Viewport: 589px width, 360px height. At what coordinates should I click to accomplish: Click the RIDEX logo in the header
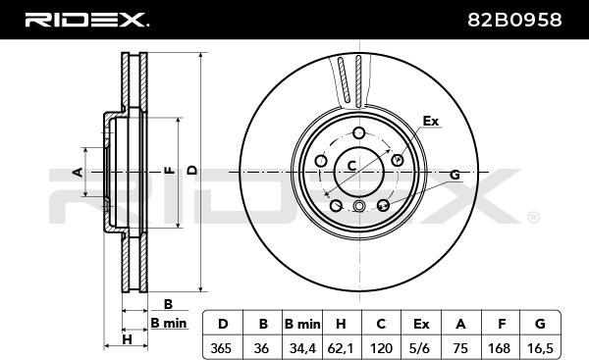(x=87, y=20)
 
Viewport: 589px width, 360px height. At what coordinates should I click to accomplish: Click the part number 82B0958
(x=514, y=20)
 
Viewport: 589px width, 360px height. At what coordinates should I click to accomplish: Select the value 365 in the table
(x=221, y=348)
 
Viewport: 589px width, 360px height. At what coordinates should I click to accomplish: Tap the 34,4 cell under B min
(x=302, y=349)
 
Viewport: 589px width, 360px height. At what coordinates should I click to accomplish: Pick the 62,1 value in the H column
(x=341, y=349)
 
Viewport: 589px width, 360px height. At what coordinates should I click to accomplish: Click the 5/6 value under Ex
(x=419, y=349)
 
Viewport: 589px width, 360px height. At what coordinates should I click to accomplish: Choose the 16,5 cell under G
(x=540, y=349)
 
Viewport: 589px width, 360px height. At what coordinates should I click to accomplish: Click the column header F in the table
(x=502, y=324)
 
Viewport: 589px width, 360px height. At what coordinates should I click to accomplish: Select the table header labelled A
(x=460, y=324)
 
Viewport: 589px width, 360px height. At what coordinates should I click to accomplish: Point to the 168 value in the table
(x=500, y=348)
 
